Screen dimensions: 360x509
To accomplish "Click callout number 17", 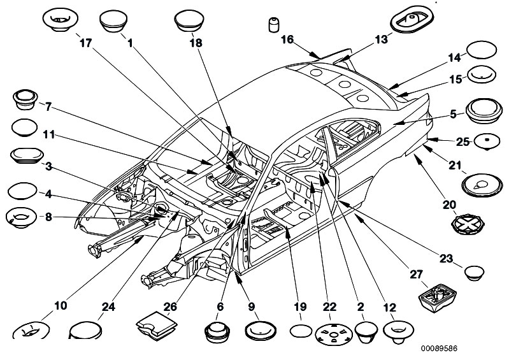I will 85,43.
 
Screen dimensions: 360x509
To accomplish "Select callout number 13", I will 380,40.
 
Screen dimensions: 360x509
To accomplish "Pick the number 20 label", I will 450,205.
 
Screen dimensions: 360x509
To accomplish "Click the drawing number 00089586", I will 440,349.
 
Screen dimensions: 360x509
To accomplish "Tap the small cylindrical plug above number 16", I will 273,25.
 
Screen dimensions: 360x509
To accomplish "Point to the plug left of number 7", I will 25,100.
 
